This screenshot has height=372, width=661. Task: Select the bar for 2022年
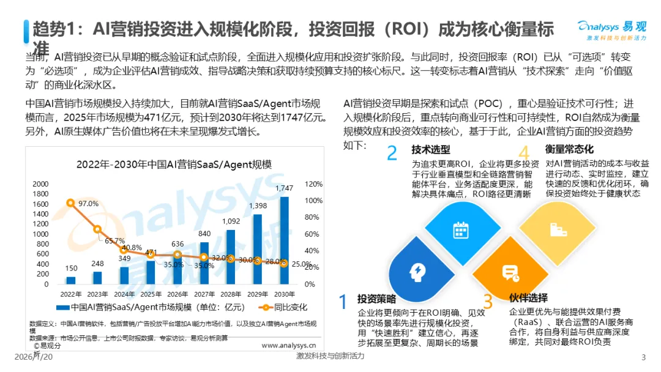70,280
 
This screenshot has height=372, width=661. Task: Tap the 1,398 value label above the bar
257,206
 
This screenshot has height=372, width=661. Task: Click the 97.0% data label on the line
88,203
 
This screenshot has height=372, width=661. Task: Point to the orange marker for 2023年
97,229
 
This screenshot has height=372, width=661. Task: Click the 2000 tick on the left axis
40,184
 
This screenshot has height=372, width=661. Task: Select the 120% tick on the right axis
313,184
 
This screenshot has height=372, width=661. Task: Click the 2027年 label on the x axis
204,293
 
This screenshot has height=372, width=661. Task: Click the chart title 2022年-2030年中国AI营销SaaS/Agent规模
174,165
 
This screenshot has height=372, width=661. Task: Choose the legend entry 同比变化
289,307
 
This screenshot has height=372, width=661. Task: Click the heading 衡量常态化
569,149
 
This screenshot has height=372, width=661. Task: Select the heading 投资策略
376,299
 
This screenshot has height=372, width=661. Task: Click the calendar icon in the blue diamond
460,230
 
